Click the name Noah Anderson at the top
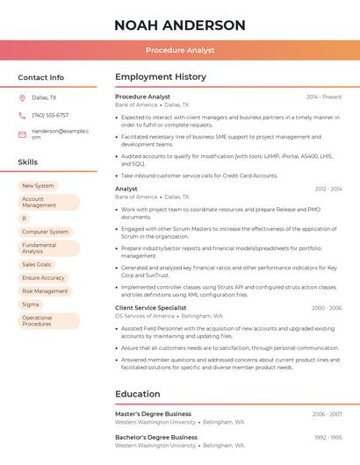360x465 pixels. click(x=180, y=25)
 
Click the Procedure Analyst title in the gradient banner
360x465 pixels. click(x=180, y=50)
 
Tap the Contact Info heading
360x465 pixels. click(x=40, y=77)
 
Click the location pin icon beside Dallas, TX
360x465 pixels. click(x=22, y=98)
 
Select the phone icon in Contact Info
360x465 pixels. click(x=22, y=115)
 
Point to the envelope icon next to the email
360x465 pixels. click(x=22, y=134)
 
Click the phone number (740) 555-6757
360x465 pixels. click(x=50, y=115)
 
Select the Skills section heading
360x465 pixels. click(x=27, y=162)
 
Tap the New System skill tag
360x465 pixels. click(x=38, y=186)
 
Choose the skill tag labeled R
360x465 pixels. click(x=25, y=218)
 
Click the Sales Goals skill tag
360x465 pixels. click(x=37, y=264)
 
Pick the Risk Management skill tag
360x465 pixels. click(x=45, y=291)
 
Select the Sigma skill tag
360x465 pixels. click(x=31, y=304)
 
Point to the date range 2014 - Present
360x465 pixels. click(x=324, y=97)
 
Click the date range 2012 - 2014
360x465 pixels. click(x=328, y=189)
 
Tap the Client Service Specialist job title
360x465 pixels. click(x=151, y=308)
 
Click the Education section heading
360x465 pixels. click(x=138, y=394)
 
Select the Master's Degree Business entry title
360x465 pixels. click(x=153, y=413)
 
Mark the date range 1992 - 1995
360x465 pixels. click(x=328, y=437)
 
